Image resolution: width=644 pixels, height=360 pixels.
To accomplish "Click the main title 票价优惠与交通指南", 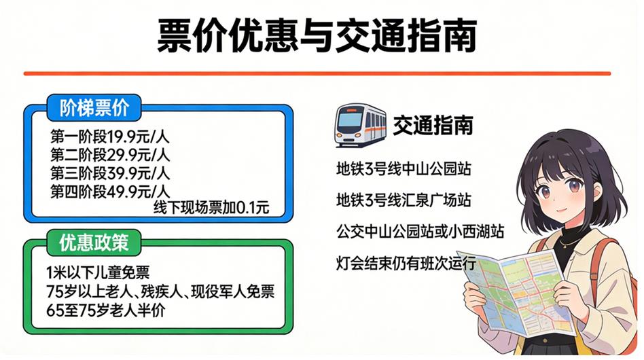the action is [x=317, y=36].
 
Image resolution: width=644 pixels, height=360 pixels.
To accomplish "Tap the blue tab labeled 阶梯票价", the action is [x=94, y=108].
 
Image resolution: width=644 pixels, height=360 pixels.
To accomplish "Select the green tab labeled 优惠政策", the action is [x=94, y=242].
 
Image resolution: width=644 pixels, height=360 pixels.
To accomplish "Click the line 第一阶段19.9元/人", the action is [x=109, y=137].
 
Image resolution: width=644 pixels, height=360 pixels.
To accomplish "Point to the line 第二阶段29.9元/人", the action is [x=109, y=155].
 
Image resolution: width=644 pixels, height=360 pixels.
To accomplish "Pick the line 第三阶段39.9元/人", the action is [x=109, y=173].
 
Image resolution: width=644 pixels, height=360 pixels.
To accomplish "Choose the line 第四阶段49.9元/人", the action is [x=109, y=192].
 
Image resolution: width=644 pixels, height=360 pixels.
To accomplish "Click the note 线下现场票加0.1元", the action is [x=211, y=208].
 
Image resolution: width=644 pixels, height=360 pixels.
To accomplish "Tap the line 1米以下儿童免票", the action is [x=98, y=272].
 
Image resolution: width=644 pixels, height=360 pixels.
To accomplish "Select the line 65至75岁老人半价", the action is [x=105, y=310].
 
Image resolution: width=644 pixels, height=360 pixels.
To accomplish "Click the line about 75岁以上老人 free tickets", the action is [x=160, y=291].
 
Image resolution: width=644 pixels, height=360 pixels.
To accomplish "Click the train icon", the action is [x=361, y=125].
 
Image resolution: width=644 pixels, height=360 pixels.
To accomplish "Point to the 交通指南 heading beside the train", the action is [x=433, y=125].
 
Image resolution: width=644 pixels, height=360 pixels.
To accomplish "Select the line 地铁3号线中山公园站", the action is [x=404, y=168].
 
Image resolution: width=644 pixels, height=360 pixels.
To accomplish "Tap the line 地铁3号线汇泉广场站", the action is [x=404, y=200].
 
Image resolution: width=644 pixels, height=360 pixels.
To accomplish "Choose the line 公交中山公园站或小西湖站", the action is [x=420, y=232].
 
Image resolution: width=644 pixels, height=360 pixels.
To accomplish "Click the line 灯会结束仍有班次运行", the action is [x=406, y=263].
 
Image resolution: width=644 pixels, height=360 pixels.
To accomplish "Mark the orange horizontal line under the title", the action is [x=317, y=74].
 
